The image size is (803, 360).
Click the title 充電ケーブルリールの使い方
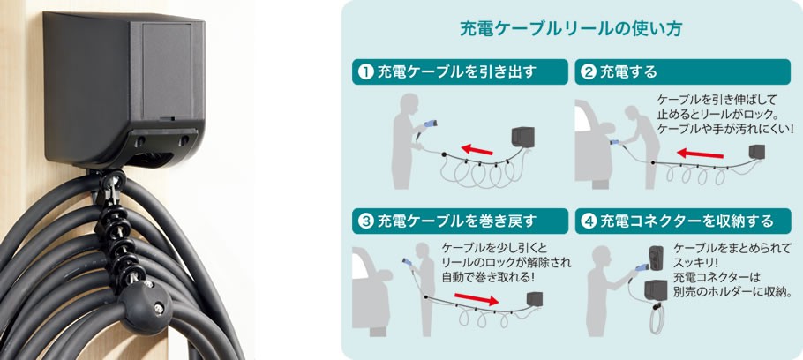(x=570, y=28)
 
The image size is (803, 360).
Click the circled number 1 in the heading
(x=364, y=71)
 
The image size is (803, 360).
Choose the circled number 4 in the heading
(x=588, y=219)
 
